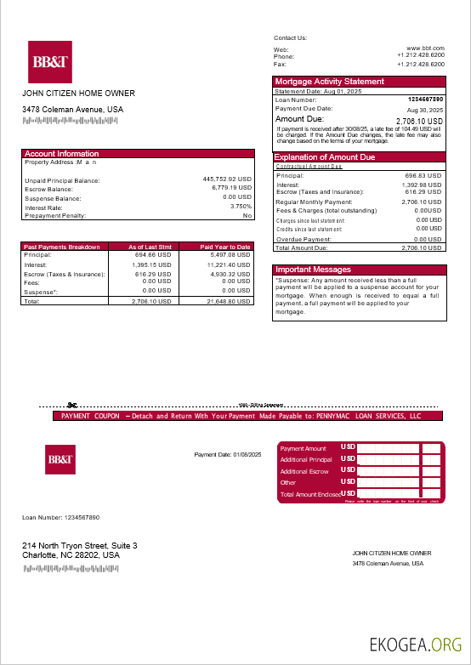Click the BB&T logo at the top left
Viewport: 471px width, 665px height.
tap(49, 62)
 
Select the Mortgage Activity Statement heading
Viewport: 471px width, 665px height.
tap(329, 82)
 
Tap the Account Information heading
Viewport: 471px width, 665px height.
tap(62, 154)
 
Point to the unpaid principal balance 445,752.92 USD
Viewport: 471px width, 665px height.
tap(227, 179)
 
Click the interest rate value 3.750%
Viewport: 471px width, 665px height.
tap(241, 207)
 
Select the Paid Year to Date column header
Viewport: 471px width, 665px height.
tap(225, 247)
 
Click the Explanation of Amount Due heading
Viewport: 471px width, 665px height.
tap(325, 157)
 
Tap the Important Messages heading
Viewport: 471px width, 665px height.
tap(313, 270)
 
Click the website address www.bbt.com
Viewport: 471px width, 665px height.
tap(425, 49)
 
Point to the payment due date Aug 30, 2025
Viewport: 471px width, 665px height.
tap(425, 111)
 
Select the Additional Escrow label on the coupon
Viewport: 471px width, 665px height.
tap(304, 471)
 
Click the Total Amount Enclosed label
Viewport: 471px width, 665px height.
tap(310, 494)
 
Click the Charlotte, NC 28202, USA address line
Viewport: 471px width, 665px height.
tap(71, 555)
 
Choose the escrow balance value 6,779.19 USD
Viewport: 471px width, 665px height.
tap(231, 189)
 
